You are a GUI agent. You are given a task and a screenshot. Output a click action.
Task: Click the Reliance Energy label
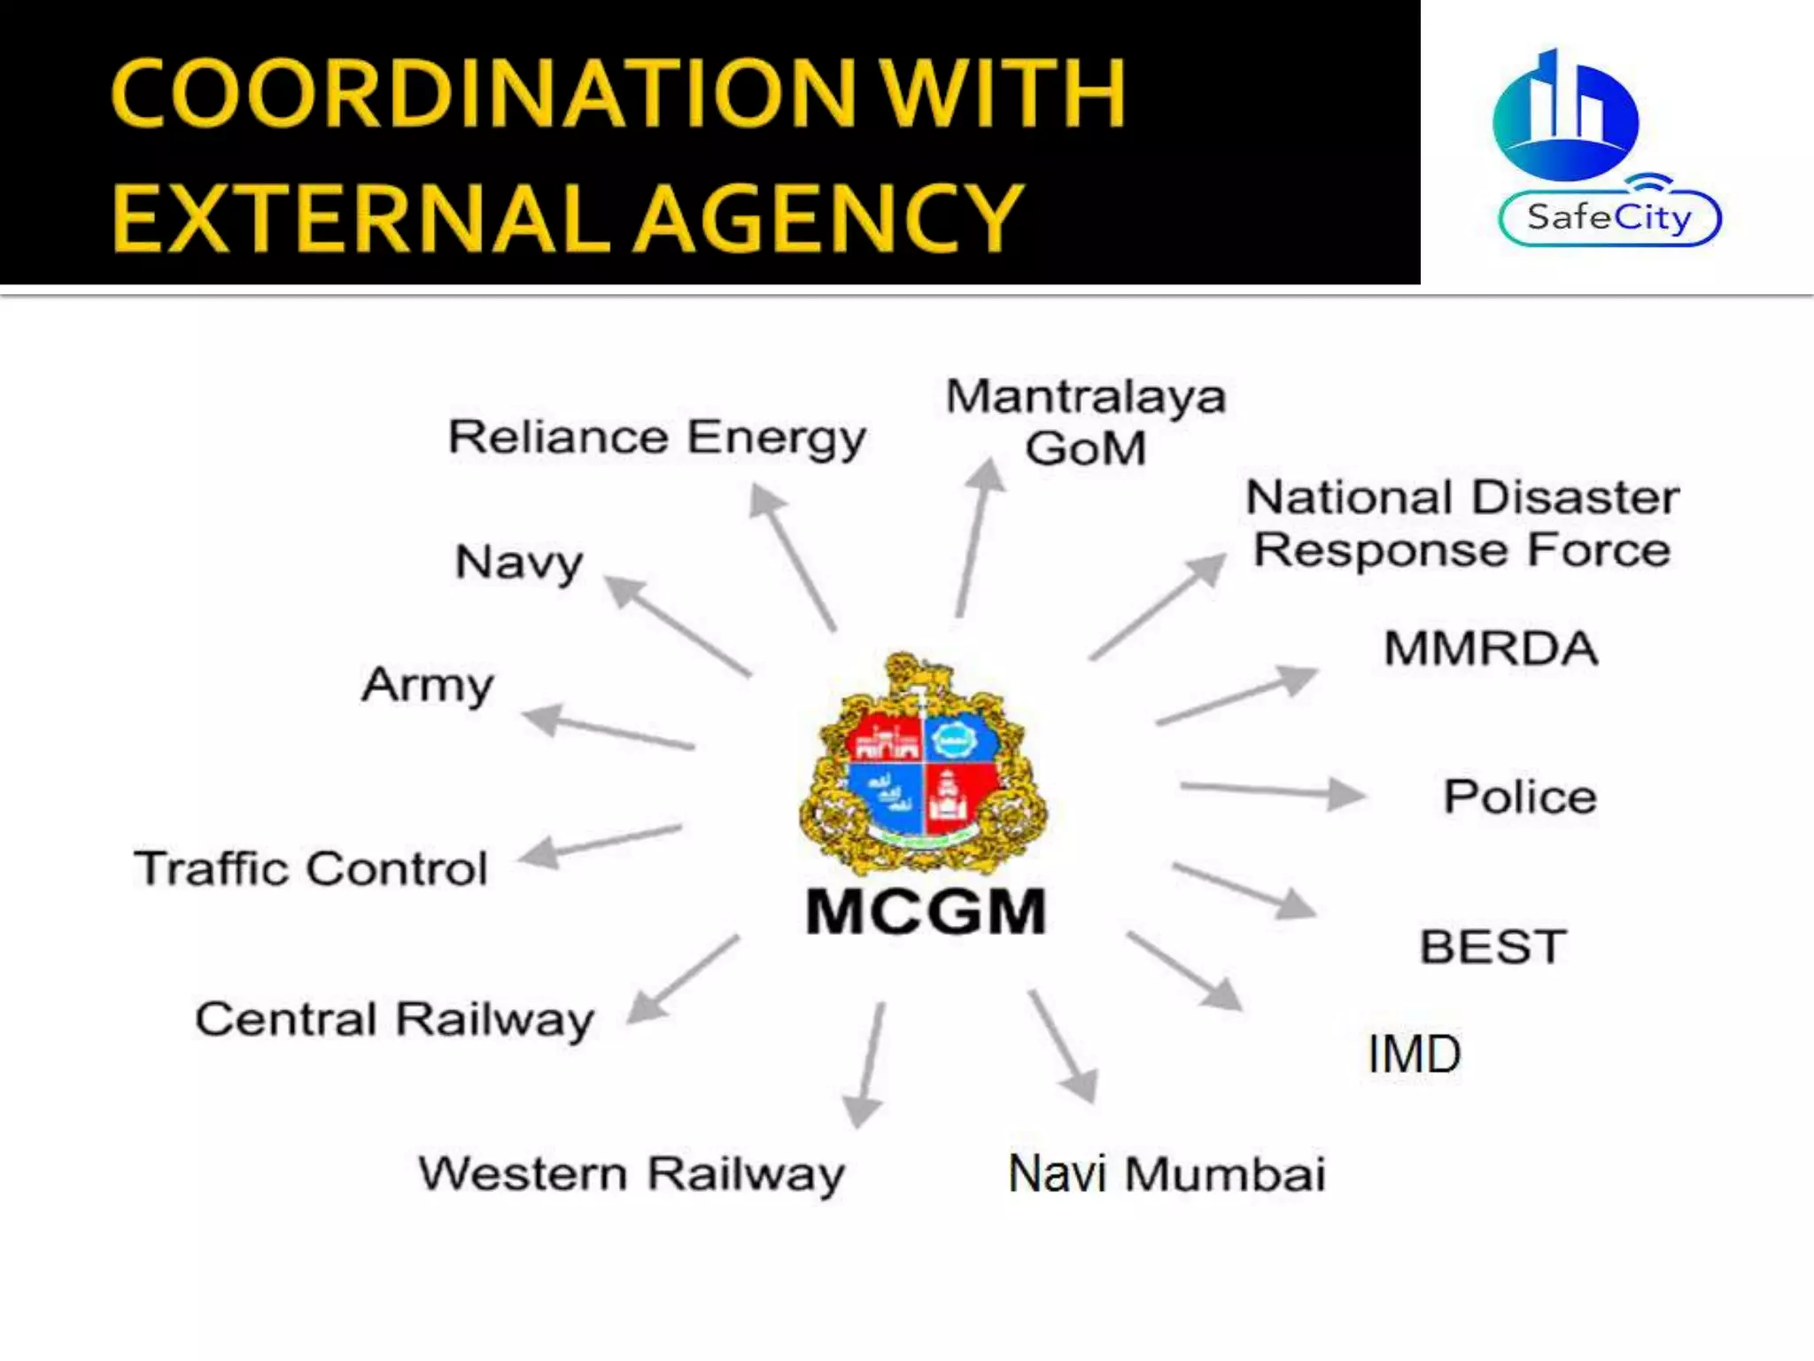point(656,438)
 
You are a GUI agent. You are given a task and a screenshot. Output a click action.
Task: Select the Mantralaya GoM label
point(1086,422)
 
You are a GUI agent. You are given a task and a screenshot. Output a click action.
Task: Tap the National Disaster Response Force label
point(1462,523)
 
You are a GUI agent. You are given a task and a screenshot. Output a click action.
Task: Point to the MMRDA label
point(1492,649)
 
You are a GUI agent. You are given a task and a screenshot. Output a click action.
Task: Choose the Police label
point(1520,797)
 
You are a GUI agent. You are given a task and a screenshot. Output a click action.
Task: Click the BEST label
point(1493,946)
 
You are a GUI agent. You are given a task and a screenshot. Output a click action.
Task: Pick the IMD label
point(1414,1054)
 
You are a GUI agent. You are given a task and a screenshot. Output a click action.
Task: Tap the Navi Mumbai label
point(1167,1174)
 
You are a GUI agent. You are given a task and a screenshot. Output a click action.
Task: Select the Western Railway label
point(632,1174)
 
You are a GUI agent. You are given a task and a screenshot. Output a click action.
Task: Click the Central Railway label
point(394,1020)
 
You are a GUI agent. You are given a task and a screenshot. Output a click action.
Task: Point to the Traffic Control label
point(311,868)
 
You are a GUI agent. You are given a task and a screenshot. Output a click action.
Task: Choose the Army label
point(428,686)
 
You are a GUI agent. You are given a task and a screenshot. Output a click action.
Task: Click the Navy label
point(519,563)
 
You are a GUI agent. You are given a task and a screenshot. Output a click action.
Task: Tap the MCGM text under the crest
point(926,912)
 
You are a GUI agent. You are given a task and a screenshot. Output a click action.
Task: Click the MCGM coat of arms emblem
point(923,764)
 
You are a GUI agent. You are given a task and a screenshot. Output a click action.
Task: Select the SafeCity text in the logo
point(1609,217)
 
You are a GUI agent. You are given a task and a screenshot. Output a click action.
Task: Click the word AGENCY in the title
point(831,217)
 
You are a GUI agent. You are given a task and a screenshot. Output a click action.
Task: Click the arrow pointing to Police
point(1272,790)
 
